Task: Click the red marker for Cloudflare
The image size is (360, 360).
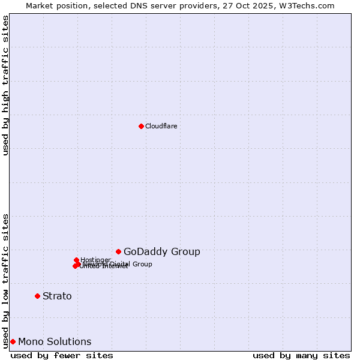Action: click(x=141, y=126)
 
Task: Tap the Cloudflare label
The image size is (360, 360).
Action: click(x=161, y=126)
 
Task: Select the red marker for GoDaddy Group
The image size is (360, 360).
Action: click(x=119, y=251)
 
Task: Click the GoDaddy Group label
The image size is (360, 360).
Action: click(x=161, y=252)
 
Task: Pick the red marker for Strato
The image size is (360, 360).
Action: click(x=37, y=296)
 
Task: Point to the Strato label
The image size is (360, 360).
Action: click(x=57, y=296)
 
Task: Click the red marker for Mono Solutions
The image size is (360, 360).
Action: click(x=13, y=341)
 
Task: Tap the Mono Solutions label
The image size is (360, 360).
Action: click(x=55, y=342)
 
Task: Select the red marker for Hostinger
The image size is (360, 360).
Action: click(x=76, y=260)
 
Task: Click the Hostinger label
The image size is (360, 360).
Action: click(x=95, y=260)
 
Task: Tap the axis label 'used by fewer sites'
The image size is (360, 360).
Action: click(x=62, y=355)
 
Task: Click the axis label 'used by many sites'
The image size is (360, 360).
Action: click(x=301, y=355)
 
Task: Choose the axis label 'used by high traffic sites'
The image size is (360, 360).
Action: click(x=6, y=85)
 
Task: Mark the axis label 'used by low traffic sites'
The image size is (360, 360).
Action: click(x=6, y=280)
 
